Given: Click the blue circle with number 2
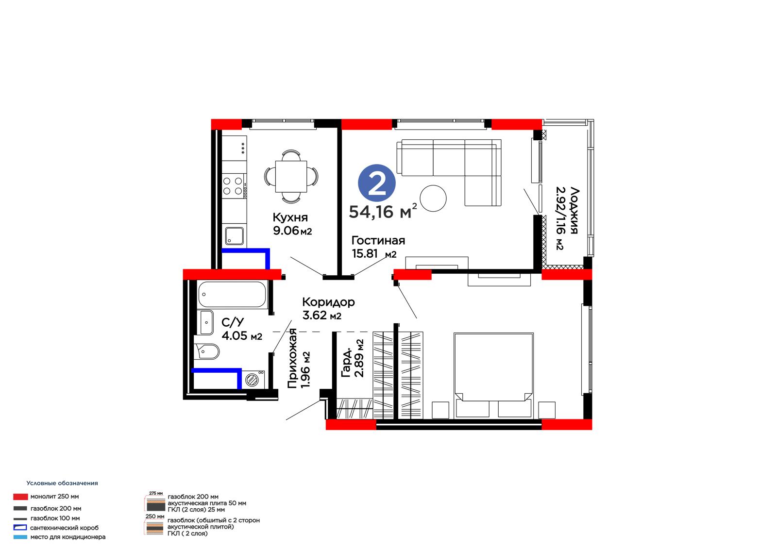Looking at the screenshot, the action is click(x=376, y=183).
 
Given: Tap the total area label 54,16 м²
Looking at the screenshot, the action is click(x=383, y=211).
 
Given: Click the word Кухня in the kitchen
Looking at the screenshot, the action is click(x=290, y=217).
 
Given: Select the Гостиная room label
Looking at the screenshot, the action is click(x=378, y=240).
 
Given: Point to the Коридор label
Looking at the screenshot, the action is click(x=328, y=302).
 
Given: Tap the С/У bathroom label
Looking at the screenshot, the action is click(x=233, y=322).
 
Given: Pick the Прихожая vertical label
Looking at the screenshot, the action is click(x=292, y=358).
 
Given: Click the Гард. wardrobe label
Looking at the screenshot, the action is click(x=346, y=363).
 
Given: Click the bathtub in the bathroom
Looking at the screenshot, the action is click(x=232, y=295).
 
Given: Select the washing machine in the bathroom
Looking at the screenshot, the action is click(x=253, y=380).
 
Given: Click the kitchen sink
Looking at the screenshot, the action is click(x=234, y=236).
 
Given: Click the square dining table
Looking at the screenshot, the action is click(x=291, y=177).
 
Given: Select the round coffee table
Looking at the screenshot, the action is click(x=433, y=198).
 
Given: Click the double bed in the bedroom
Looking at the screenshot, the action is click(x=493, y=375).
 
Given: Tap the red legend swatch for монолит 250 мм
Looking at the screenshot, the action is click(x=20, y=497).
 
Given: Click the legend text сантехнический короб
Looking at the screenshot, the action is click(x=65, y=528).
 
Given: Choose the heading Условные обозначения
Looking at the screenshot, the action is click(x=62, y=483).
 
